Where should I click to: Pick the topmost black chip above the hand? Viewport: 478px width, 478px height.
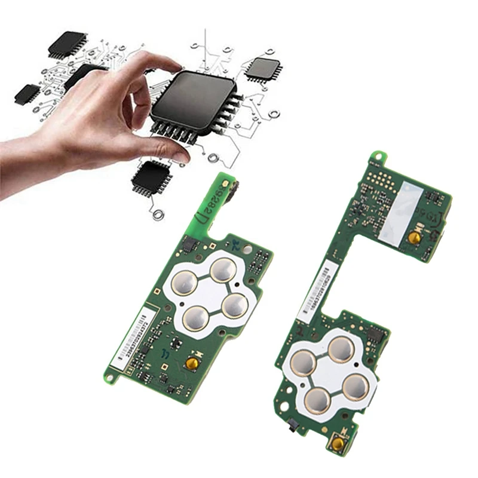click(x=67, y=43)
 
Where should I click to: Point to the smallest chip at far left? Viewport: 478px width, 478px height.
click(x=27, y=93)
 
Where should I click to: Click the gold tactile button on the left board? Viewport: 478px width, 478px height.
click(x=192, y=362)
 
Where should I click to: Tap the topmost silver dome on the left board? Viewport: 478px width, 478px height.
click(x=223, y=269)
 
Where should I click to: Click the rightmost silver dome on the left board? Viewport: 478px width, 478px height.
click(x=235, y=305)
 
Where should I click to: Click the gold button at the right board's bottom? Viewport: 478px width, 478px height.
click(x=339, y=443)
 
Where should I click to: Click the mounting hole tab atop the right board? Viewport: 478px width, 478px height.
click(x=376, y=157)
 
